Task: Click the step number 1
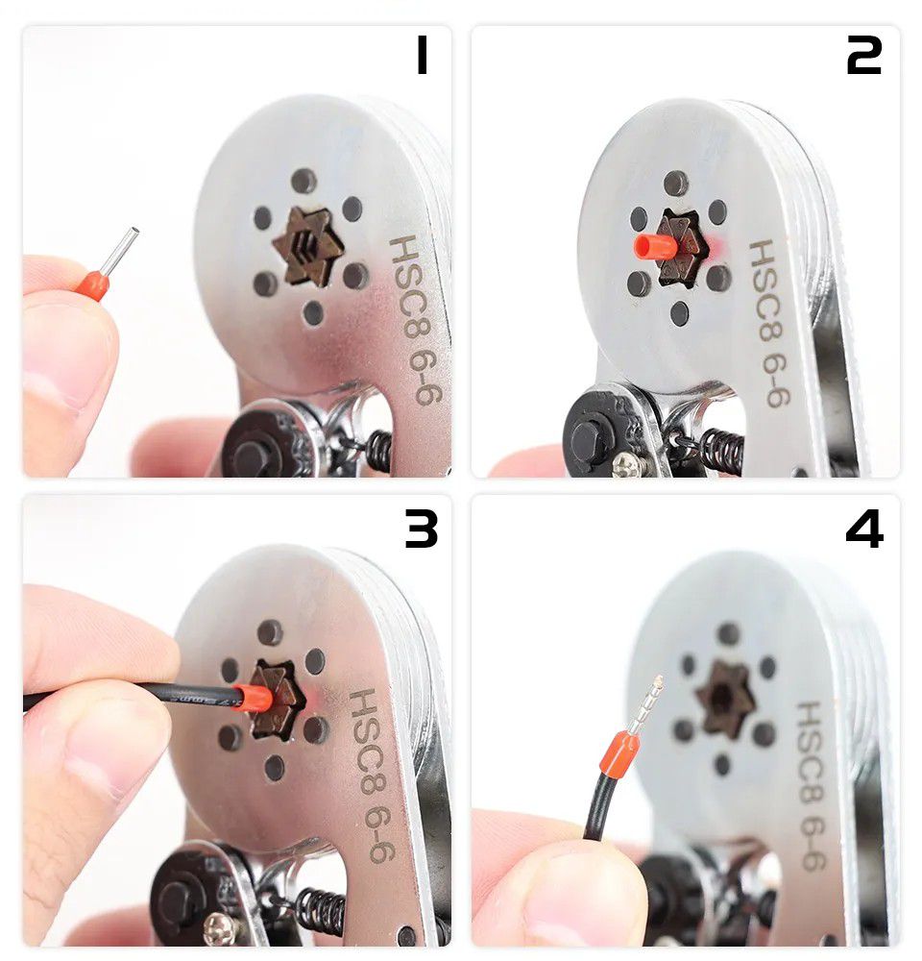point(422,54)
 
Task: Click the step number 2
point(863,55)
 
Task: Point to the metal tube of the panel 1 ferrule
point(121,251)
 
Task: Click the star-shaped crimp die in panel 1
point(303,245)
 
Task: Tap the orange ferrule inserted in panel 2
point(656,246)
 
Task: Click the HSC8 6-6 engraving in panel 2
point(769,323)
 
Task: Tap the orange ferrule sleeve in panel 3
point(252,698)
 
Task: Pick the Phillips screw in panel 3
point(219,928)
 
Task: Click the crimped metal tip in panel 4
point(646,704)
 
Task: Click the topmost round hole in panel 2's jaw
point(675,184)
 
